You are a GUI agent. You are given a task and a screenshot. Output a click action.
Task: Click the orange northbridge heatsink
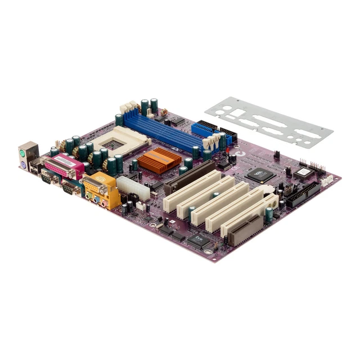[159, 160]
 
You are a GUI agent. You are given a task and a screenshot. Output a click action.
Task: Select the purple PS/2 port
[24, 165]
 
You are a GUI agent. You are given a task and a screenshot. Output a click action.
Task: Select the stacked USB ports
[35, 164]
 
